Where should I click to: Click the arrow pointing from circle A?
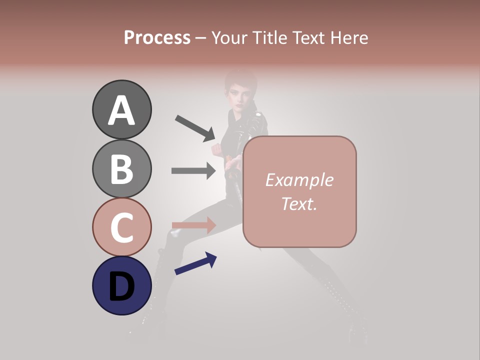(x=195, y=128)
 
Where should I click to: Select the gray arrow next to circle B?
(x=193, y=171)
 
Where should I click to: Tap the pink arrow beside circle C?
(x=193, y=225)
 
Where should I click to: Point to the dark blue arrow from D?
(x=195, y=263)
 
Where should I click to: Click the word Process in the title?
(x=157, y=38)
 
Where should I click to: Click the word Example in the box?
(x=299, y=180)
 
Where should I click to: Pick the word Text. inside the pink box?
(x=299, y=203)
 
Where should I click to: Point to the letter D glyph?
(x=121, y=286)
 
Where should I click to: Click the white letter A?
(x=121, y=111)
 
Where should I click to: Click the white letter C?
(x=121, y=227)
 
